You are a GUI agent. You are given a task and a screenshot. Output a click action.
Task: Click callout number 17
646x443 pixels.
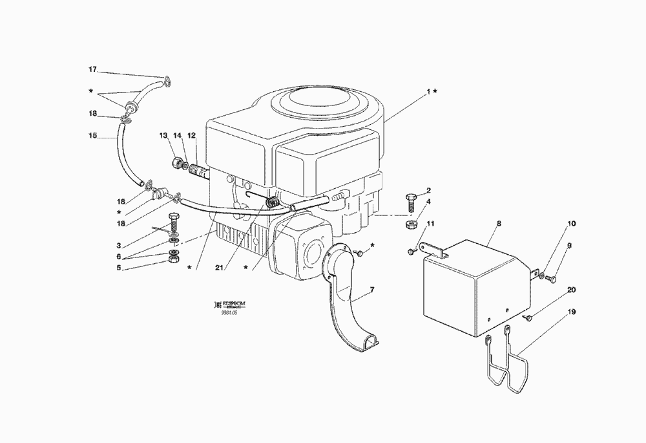coord(92,69)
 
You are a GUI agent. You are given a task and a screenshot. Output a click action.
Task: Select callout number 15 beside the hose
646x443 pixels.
coord(92,136)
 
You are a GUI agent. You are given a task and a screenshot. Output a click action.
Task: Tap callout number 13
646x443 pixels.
coord(163,135)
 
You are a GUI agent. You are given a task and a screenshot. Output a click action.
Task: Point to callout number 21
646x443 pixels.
coord(220,266)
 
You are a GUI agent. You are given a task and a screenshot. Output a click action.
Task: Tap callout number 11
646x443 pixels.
coord(430,224)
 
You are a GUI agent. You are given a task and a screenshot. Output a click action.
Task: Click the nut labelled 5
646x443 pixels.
coord(173,259)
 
